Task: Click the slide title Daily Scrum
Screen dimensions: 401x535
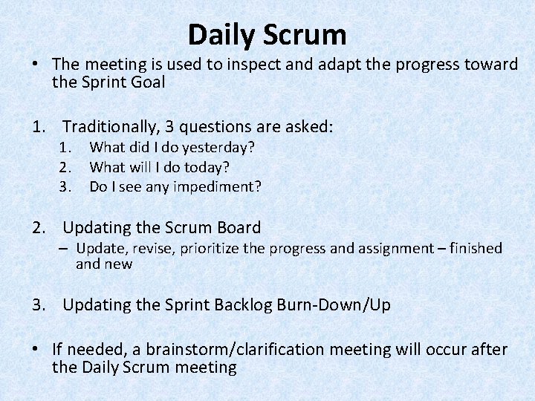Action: coord(267,35)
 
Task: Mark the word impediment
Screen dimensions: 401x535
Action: coord(220,186)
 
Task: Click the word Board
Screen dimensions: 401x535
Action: coord(236,227)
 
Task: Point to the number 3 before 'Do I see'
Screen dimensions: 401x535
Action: coord(64,186)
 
